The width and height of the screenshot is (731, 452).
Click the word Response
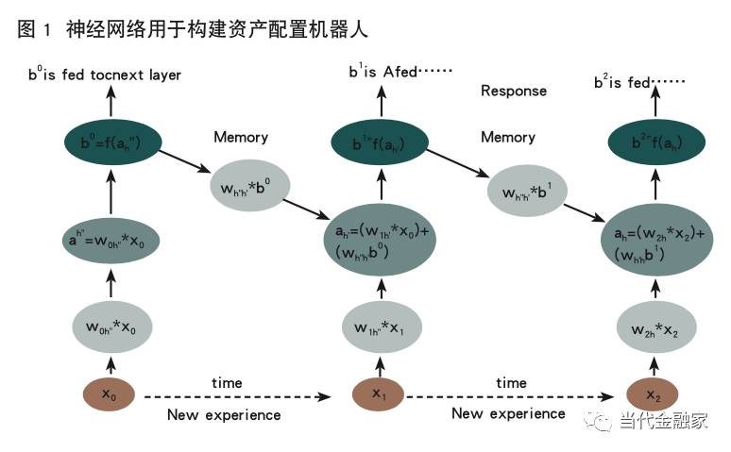[514, 91]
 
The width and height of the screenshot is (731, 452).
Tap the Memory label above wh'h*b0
[241, 138]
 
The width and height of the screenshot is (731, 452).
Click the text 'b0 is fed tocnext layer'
[105, 74]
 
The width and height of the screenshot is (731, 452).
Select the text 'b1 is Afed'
[400, 72]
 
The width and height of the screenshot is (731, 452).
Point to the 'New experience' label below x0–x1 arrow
[224, 414]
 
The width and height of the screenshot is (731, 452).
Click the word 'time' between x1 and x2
[511, 382]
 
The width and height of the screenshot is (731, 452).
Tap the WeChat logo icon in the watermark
[601, 422]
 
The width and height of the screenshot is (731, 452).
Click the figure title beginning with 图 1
[193, 30]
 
